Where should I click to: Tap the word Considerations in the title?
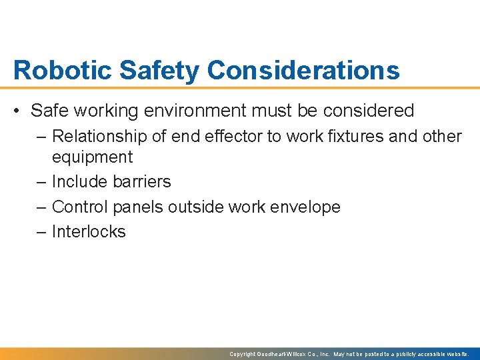303,70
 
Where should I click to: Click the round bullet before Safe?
18,111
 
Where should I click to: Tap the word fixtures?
370,137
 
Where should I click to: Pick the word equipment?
92,157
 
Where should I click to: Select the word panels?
138,207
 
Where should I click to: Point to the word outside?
196,207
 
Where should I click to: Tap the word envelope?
305,207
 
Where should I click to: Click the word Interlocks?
89,232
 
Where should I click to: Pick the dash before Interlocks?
41,232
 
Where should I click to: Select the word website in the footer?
457,354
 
